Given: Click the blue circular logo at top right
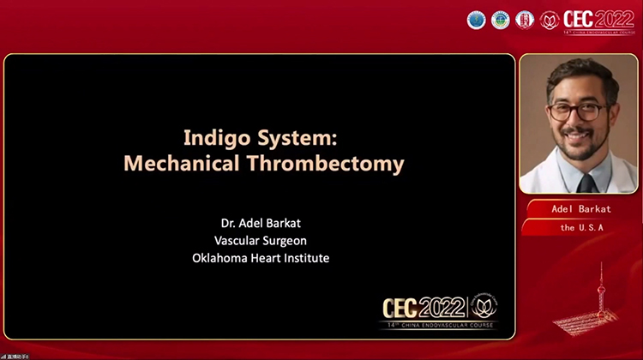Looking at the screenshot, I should pos(476,20).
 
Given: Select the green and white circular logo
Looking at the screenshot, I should pos(500,20).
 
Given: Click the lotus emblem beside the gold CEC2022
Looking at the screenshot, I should pos(484,305).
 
